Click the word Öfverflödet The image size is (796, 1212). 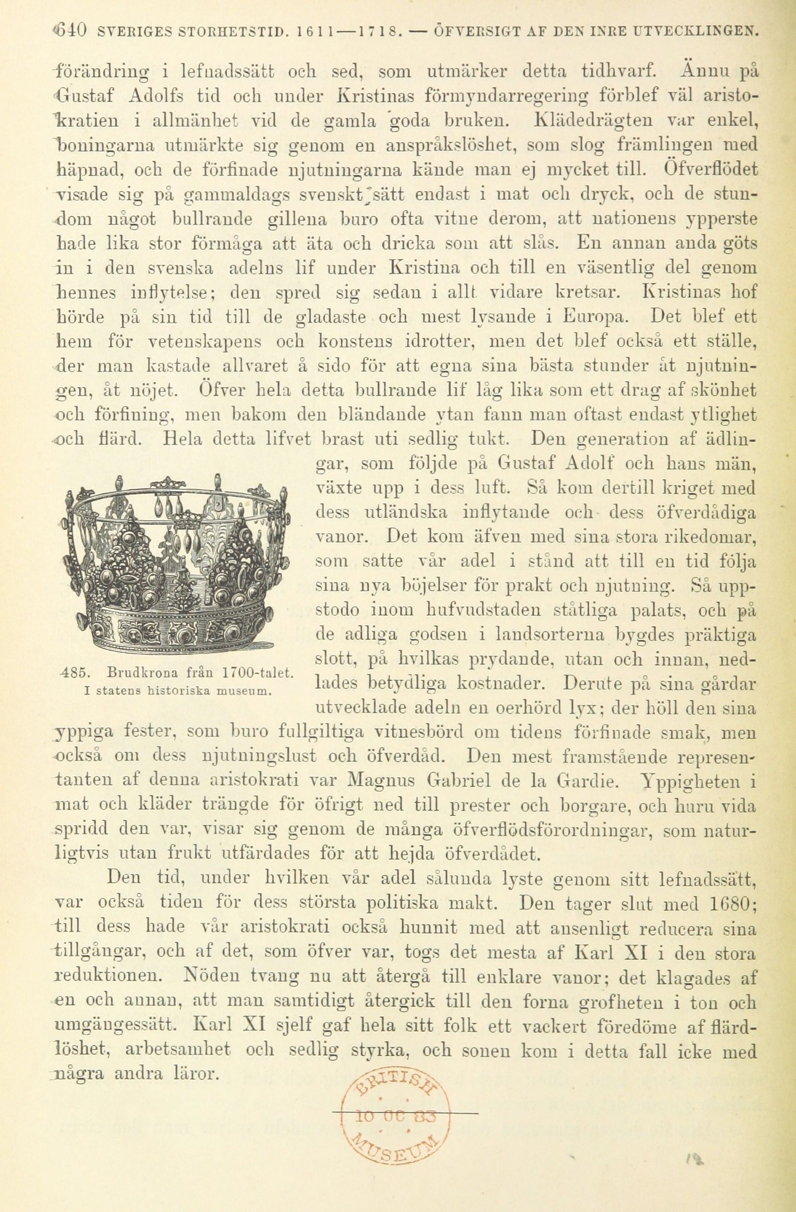pyautogui.click(x=711, y=167)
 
